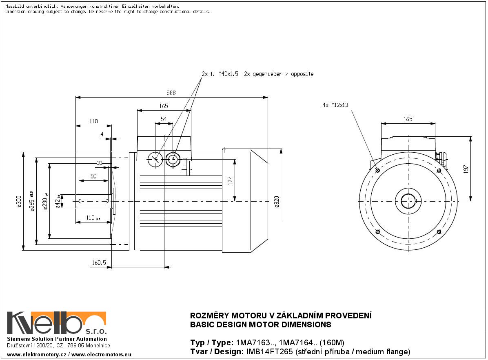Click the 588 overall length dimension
[x=171, y=93]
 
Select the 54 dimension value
[x=164, y=119]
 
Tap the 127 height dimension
[x=230, y=180]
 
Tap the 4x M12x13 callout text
[x=335, y=105]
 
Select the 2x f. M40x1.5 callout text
[x=220, y=74]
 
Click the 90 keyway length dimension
[x=93, y=176]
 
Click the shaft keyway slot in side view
[x=94, y=201]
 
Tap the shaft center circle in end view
[x=408, y=201]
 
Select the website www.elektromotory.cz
[x=37, y=354]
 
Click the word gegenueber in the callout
[x=267, y=74]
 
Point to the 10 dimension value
[x=99, y=163]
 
